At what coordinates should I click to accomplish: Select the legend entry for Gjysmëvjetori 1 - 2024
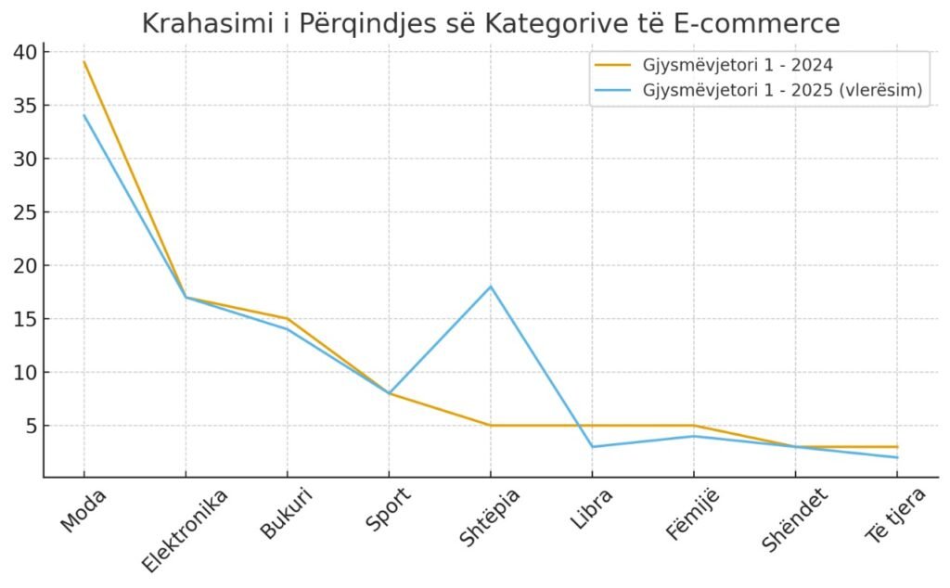[x=737, y=65]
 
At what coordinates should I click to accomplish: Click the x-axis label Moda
[x=83, y=509]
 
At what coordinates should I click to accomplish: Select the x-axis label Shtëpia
[x=489, y=517]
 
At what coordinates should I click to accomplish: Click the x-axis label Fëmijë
[x=692, y=515]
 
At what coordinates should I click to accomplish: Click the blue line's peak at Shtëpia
[x=491, y=287]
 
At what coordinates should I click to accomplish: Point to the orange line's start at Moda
[x=84, y=62]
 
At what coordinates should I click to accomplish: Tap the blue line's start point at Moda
[x=84, y=115]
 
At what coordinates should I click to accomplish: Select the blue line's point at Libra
[x=592, y=447]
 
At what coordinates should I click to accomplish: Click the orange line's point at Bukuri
[x=288, y=319]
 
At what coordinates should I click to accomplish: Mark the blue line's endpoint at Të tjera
[x=897, y=457]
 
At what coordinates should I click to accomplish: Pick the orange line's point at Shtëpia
[x=491, y=426]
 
